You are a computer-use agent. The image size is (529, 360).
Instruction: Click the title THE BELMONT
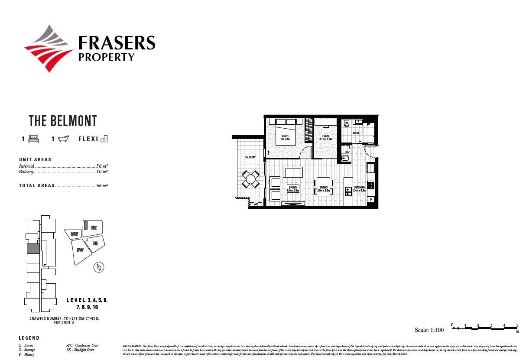pos(63,121)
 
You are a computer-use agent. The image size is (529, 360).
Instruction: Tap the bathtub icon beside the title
pos(63,139)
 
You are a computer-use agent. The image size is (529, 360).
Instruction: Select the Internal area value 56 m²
pos(102,166)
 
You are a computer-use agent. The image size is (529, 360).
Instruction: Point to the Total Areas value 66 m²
pos(102,185)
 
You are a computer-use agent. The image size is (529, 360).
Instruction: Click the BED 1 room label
pos(285,137)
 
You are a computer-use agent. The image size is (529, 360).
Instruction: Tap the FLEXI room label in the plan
pos(326,137)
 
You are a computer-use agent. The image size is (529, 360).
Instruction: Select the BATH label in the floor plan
pos(356,133)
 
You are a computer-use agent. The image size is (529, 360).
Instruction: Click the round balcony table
pos(251,178)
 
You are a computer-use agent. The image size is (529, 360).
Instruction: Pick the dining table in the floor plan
pos(324,187)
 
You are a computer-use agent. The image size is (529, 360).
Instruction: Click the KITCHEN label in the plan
pos(359,189)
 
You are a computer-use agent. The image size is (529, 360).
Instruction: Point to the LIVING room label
pos(293,189)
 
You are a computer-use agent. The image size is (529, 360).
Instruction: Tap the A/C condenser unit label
pos(256,204)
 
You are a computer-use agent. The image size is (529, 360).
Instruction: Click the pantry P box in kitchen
pos(371,199)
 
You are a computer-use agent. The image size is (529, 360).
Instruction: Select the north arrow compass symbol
pos(99,268)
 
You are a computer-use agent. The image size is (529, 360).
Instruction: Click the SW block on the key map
pos(80,250)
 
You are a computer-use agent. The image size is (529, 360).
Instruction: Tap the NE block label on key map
pos(94,227)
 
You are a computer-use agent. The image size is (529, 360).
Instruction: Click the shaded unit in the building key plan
pos(33,249)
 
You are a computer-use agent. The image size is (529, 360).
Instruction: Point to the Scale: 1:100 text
pos(429,330)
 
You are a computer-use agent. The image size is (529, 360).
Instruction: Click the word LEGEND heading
pos(29,338)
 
